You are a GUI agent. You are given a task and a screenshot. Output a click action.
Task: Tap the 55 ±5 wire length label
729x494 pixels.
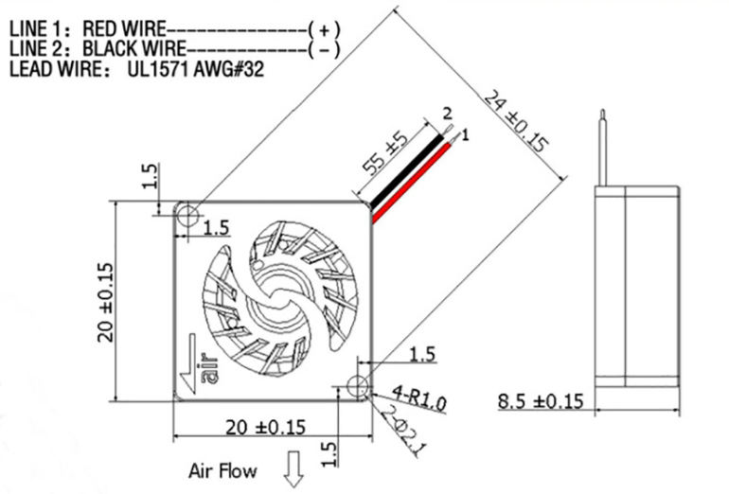385,159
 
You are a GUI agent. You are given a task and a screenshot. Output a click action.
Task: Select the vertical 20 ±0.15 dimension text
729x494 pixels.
106,300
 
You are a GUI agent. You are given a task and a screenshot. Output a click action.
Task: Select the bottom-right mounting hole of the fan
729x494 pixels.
358,386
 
